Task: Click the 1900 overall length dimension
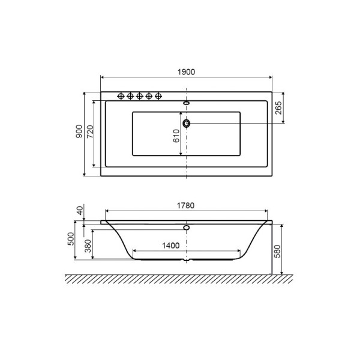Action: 187,71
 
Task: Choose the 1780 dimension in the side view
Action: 187,205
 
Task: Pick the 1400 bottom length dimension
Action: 171,245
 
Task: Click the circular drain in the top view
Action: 187,124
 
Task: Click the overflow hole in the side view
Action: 187,228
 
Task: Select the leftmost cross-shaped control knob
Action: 120,96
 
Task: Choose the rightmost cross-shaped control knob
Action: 159,96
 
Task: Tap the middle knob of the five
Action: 139,96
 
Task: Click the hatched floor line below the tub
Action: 180,279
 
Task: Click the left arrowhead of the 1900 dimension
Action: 103,77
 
